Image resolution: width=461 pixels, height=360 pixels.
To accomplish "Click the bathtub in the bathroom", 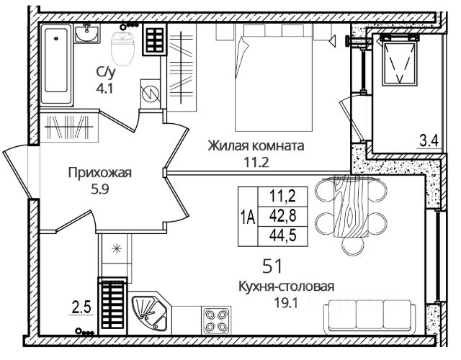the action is point(56,64).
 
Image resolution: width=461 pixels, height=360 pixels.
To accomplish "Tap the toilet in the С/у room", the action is point(122,48).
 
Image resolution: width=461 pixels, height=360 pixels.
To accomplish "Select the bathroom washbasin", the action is point(86,34).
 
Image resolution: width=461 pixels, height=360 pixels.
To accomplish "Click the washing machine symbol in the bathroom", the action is point(151,94).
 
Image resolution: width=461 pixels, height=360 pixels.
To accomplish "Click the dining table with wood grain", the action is point(351,207).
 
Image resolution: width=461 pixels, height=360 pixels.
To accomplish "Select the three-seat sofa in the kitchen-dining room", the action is point(370,317).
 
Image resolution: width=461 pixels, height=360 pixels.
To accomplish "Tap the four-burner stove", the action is point(216,320).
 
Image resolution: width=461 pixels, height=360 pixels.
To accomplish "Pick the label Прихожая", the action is point(99,173).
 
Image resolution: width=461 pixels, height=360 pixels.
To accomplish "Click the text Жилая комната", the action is point(256,145).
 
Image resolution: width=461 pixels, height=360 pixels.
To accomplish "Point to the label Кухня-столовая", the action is point(286,287).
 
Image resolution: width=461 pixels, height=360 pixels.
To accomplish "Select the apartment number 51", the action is point(272,266).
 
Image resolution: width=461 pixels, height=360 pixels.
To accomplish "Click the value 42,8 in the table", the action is point(283,216).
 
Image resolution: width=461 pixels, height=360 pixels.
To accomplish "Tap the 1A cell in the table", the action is point(248,217).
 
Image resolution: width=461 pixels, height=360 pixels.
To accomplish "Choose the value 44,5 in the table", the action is point(283,236).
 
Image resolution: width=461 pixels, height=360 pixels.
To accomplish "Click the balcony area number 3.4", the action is point(429,140).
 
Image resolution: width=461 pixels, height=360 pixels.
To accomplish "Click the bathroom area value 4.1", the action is point(104,88).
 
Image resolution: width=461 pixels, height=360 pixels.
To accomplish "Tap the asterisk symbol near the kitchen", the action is point(117,249).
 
